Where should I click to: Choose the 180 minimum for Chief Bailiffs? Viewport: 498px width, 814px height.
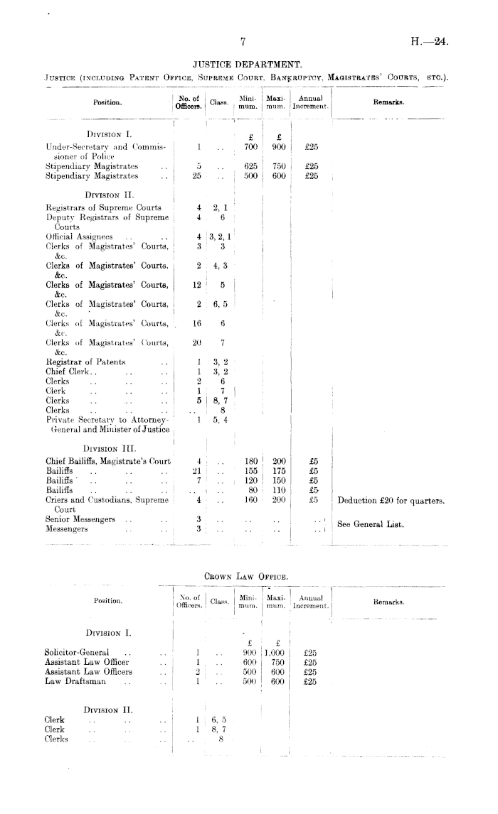pyautogui.click(x=249, y=460)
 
